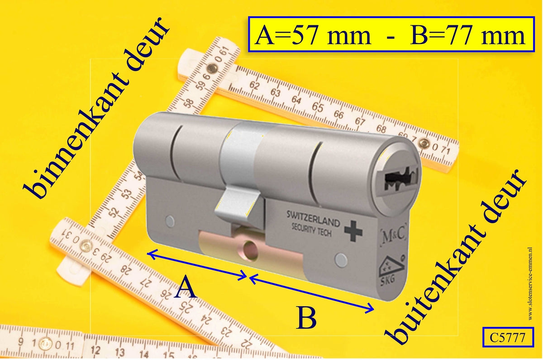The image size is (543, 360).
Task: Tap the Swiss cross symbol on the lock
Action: click(353, 230)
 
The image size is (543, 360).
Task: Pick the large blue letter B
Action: click(306, 318)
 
